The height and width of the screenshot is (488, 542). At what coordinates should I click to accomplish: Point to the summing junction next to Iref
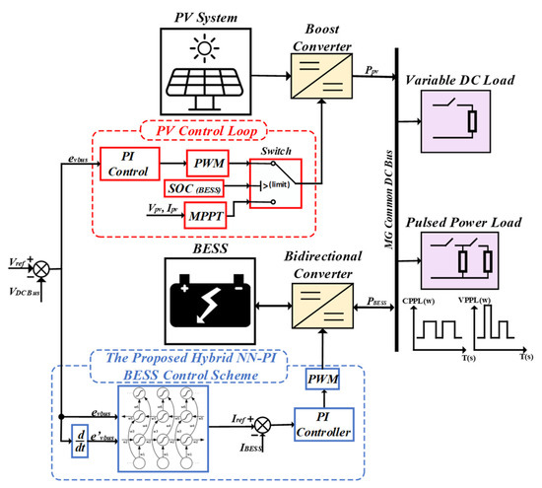point(264,426)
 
